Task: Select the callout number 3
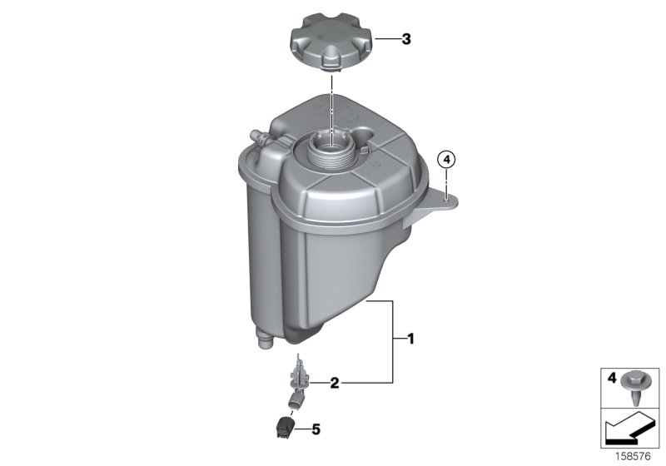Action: [x=406, y=38]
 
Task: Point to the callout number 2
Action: [x=335, y=384]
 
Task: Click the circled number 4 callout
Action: [x=447, y=159]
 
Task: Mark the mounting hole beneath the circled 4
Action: [x=447, y=196]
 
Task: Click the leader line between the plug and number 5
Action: [x=301, y=430]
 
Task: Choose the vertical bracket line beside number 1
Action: [x=393, y=341]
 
